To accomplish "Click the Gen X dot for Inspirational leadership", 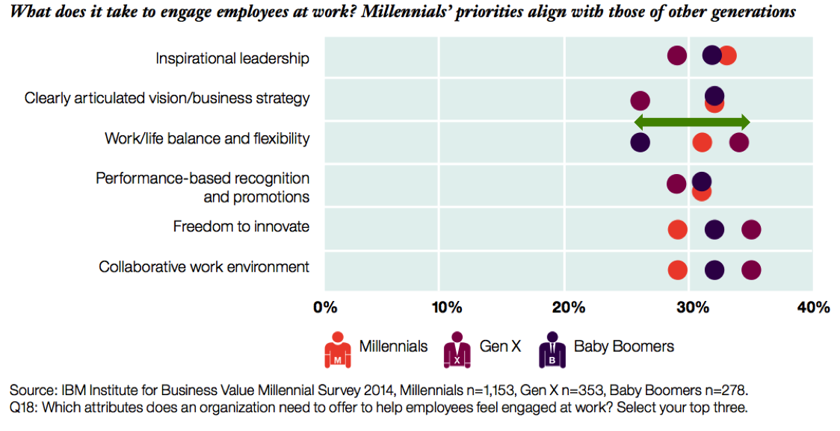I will pos(677,55).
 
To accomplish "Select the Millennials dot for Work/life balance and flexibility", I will pos(702,142).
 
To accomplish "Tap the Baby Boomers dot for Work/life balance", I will pos(640,142).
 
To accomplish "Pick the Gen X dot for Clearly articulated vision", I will pos(640,101).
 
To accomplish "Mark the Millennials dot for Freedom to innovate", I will pos(678,229).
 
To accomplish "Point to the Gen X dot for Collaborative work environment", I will pos(751,270).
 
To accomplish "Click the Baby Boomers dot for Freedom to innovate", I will pos(714,229).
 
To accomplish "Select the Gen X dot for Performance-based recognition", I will pos(676,184).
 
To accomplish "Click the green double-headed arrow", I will pos(691,123).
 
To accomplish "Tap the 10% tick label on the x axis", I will pos(447,307).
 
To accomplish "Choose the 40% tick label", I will pos(813,307).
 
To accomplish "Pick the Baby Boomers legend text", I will pos(623,347).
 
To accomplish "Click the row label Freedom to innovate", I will pos(241,226).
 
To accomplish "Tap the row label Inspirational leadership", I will pos(232,58).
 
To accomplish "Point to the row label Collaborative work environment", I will pos(204,267).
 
